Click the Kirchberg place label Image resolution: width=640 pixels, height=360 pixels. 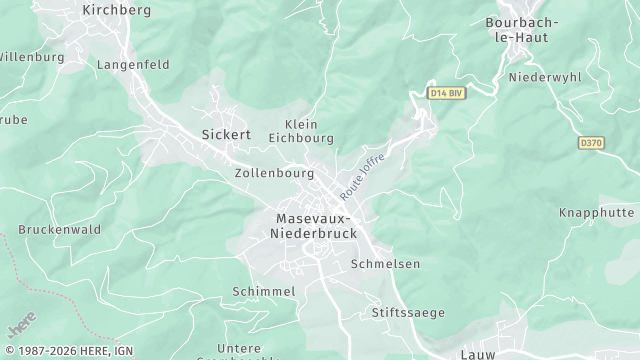tap(116, 10)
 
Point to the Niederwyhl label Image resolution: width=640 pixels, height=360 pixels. tap(545, 77)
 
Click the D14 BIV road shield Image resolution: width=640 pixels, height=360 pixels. tap(446, 93)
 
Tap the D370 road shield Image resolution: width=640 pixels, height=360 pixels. tap(592, 143)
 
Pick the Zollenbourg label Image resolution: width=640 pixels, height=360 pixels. tap(274, 173)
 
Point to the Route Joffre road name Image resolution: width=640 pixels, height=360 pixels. tap(361, 174)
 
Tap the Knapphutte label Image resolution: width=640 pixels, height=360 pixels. tap(596, 213)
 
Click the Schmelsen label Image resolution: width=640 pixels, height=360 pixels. tap(385, 264)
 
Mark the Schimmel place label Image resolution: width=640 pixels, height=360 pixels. tap(263, 291)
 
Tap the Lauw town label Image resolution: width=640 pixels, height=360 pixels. tap(479, 354)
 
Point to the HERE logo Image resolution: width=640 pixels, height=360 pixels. tap(20, 327)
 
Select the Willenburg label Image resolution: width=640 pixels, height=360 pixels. tap(31, 57)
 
